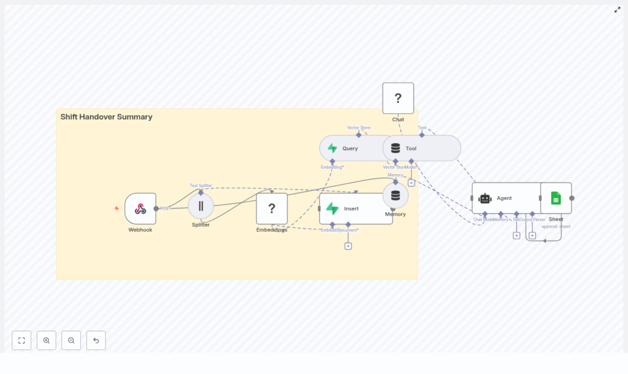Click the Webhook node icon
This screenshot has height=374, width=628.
tap(140, 208)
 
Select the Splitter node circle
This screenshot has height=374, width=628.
tap(201, 206)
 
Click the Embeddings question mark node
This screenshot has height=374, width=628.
tap(272, 208)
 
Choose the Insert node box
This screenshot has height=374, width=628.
tap(356, 208)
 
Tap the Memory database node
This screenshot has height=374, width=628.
tap(396, 196)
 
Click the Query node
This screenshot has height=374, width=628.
tap(350, 148)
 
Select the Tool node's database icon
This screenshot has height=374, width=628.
tap(396, 148)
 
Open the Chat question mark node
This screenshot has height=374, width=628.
tap(398, 98)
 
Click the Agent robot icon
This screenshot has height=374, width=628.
tap(485, 198)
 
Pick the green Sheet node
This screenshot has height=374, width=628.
tap(556, 198)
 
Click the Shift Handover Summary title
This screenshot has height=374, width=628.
tap(106, 116)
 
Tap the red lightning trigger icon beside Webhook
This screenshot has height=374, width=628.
tap(117, 208)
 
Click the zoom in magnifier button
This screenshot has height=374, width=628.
tap(47, 340)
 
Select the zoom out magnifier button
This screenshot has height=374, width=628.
tap(71, 340)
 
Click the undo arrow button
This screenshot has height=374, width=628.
tap(96, 340)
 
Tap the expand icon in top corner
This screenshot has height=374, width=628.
tap(617, 10)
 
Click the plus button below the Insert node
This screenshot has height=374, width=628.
tap(348, 246)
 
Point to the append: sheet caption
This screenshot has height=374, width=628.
tap(556, 226)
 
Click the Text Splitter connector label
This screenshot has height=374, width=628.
tap(201, 185)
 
